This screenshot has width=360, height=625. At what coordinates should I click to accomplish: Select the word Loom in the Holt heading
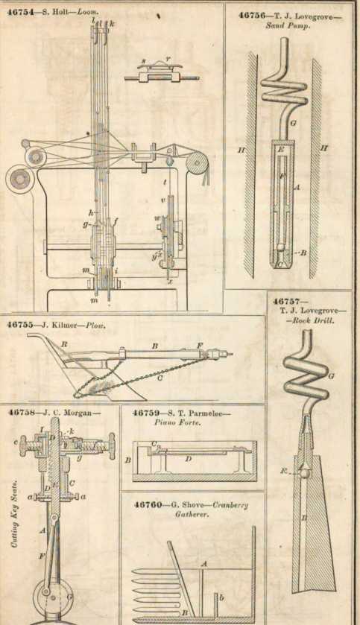(x=87, y=11)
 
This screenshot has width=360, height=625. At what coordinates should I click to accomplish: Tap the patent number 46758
(x=22, y=411)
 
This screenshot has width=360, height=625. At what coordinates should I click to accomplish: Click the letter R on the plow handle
(x=65, y=346)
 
